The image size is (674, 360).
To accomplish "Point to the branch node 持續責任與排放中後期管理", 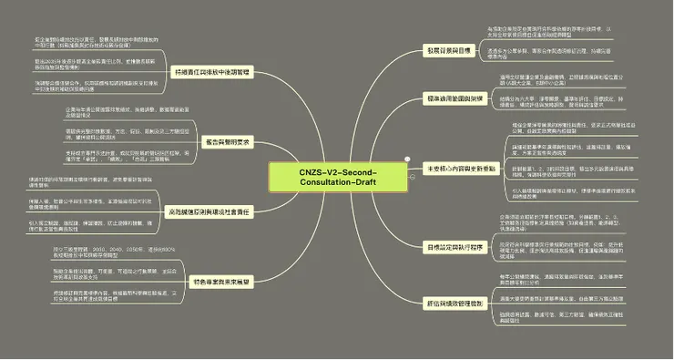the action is [211, 70].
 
